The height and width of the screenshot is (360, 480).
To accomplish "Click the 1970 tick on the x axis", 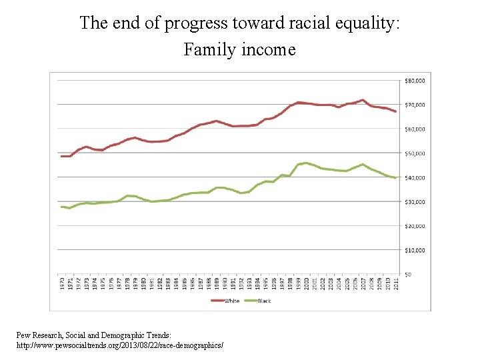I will click(x=62, y=283).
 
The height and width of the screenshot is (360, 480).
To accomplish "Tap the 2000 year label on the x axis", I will click(x=306, y=283).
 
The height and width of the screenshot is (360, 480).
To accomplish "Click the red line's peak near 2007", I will click(x=362, y=100).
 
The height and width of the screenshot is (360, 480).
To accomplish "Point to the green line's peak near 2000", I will click(x=305, y=163).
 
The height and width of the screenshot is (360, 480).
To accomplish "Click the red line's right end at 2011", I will click(x=395, y=111).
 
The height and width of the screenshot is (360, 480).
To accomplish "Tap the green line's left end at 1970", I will click(x=61, y=207).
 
